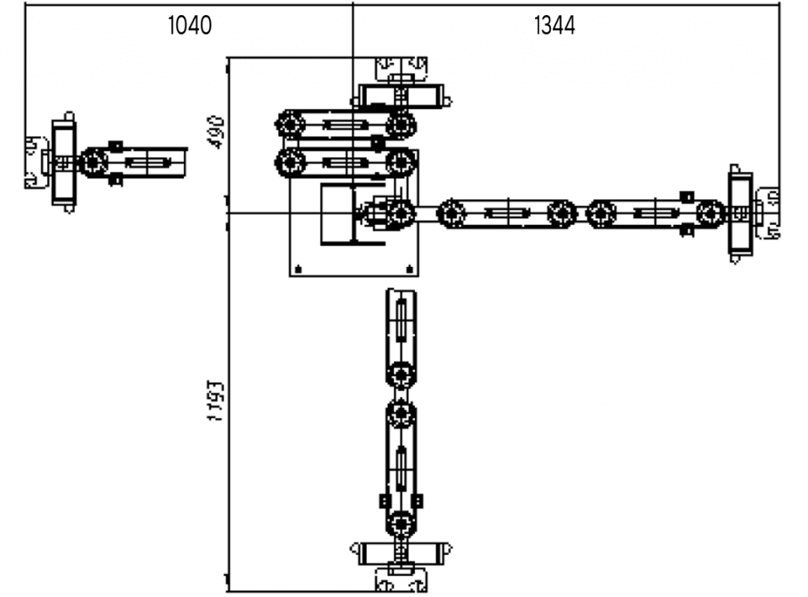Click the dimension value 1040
click(x=190, y=26)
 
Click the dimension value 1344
click(x=555, y=26)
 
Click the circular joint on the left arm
click(x=93, y=163)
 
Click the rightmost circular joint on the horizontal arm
click(x=711, y=213)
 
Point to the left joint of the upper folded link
click(x=290, y=125)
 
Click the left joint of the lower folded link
click(x=290, y=163)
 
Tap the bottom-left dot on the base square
click(x=297, y=270)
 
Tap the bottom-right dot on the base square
click(x=409, y=270)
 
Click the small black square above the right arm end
click(x=686, y=196)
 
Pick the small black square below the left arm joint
click(x=115, y=180)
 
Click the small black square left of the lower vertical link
click(x=384, y=501)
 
